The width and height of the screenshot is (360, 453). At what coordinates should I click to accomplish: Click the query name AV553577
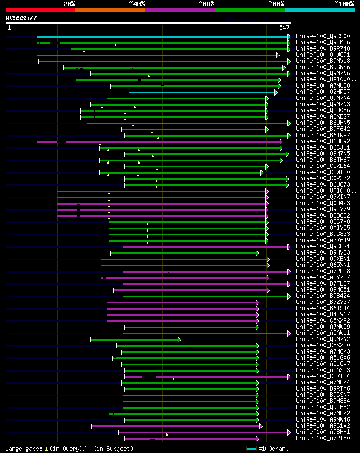pyautogui.click(x=21, y=18)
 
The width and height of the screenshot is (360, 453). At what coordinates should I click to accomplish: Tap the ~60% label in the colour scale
pyautogui.click(x=206, y=3)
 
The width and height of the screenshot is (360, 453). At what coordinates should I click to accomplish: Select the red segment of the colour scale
pyautogui.click(x=40, y=10)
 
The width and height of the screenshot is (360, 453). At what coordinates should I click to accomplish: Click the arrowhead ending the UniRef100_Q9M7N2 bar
pyautogui.click(x=179, y=339)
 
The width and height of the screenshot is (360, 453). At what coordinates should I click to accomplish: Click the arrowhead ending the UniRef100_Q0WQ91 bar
pyautogui.click(x=278, y=55)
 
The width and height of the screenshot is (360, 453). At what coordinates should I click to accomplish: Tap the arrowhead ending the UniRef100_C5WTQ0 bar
pyautogui.click(x=262, y=173)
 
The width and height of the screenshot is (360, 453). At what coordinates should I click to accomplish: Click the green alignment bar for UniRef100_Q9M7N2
pyautogui.click(x=135, y=339)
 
